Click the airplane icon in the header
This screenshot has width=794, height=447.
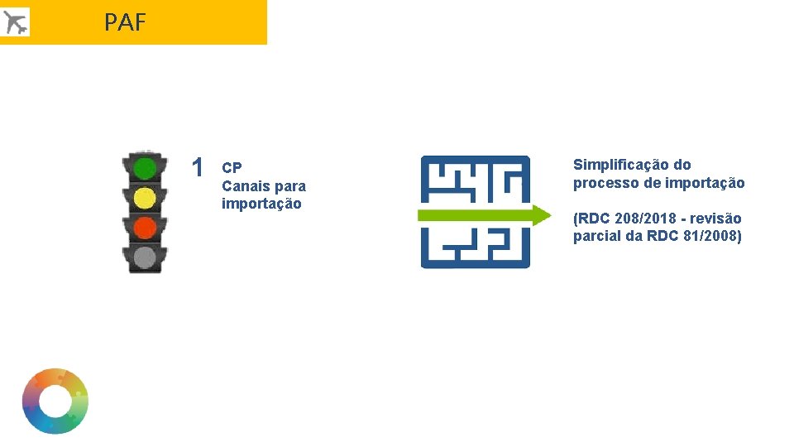[x=15, y=22]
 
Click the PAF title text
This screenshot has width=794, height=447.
[x=125, y=22]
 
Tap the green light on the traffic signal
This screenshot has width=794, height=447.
[x=145, y=169]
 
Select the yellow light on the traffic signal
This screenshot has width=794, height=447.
[x=145, y=198]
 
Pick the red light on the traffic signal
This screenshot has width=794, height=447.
[x=145, y=227]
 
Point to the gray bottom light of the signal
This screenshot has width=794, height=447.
[x=145, y=257]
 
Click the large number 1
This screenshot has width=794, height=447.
[x=197, y=168]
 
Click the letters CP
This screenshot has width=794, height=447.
[x=232, y=168]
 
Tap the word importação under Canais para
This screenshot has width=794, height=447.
[x=261, y=204]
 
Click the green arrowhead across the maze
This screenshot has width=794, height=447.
[x=540, y=215]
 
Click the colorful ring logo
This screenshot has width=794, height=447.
[x=55, y=401]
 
